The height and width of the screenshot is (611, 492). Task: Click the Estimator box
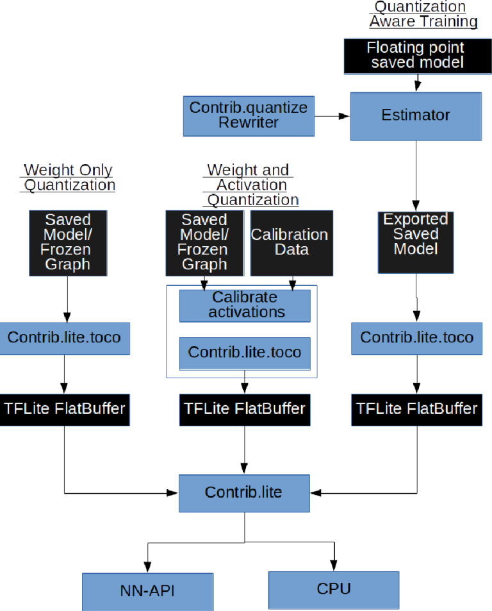[x=416, y=116]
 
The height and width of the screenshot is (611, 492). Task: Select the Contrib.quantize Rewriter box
[x=249, y=116]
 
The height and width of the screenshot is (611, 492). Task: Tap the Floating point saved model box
[x=415, y=56]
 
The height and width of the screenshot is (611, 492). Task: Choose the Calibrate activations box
[x=245, y=305]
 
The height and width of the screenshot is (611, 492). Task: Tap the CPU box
[x=333, y=589]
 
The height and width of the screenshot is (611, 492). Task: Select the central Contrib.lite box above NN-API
[x=244, y=492]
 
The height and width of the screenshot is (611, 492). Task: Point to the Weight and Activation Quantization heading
[x=249, y=185]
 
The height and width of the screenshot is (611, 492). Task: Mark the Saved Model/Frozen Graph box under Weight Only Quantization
[x=67, y=241]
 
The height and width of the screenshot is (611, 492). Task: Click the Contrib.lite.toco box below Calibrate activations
[x=245, y=353]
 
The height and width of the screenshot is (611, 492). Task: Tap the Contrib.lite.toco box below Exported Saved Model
[x=416, y=337]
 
